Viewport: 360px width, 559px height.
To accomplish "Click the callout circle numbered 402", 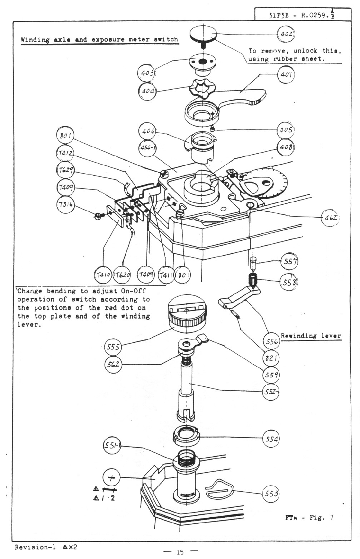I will click(x=286, y=34).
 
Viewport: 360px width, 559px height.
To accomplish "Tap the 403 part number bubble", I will click(x=146, y=72).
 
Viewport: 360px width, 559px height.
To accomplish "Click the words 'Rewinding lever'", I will click(x=311, y=336).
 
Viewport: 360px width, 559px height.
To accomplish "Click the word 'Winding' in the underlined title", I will click(x=35, y=39).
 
